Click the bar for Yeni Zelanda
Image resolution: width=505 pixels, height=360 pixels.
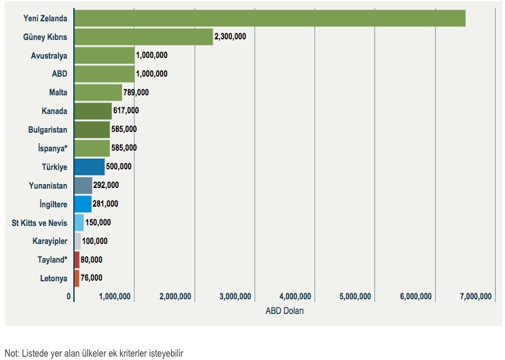269,18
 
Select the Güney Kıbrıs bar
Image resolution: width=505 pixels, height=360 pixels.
143,37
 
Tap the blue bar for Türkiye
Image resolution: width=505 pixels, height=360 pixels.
89,167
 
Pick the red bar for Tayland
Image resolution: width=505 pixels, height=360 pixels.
77,259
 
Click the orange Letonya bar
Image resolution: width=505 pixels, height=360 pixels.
77,278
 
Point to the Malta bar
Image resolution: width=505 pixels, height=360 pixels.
98,93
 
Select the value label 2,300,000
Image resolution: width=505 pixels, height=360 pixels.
231,37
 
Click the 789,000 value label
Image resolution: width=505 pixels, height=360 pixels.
136,93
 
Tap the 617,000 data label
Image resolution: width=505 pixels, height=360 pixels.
125,111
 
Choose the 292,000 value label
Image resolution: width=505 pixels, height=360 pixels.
106,185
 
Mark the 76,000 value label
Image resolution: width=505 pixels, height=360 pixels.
91,278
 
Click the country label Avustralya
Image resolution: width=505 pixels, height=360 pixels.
49,55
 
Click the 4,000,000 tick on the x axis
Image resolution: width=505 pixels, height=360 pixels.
295,297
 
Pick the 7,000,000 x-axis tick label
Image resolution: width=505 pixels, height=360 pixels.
476,297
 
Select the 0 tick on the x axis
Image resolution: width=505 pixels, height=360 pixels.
69,297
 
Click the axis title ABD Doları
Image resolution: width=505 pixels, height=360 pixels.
284,311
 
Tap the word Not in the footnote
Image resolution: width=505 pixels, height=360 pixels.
11,353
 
